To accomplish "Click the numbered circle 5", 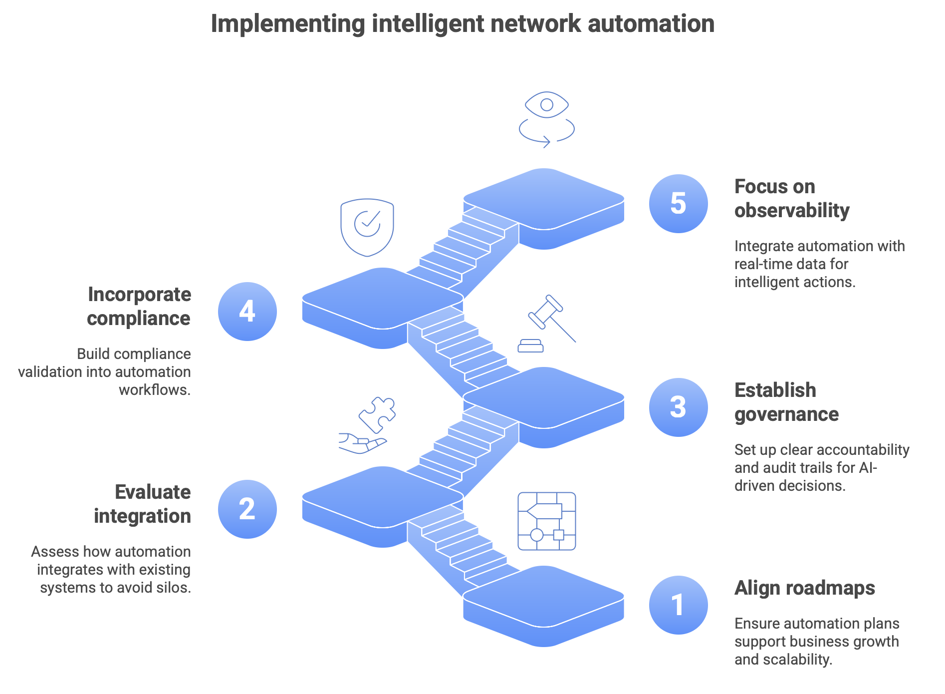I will coord(678,204).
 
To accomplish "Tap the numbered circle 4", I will coord(247,312).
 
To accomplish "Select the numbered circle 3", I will coord(678,407).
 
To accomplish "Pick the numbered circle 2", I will coord(247,509).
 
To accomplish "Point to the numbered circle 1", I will coord(678,605).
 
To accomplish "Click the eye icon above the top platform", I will coord(547,105).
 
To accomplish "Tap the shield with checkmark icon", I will coord(367,227).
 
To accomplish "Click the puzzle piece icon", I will coord(378,414).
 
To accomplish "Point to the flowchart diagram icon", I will coord(547,521).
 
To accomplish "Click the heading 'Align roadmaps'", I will coord(804,588).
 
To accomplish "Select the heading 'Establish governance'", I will coord(786,402).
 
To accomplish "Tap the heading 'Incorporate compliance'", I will coord(139,306).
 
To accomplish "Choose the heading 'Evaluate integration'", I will coord(143,504).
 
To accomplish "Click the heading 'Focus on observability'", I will coord(791,198).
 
